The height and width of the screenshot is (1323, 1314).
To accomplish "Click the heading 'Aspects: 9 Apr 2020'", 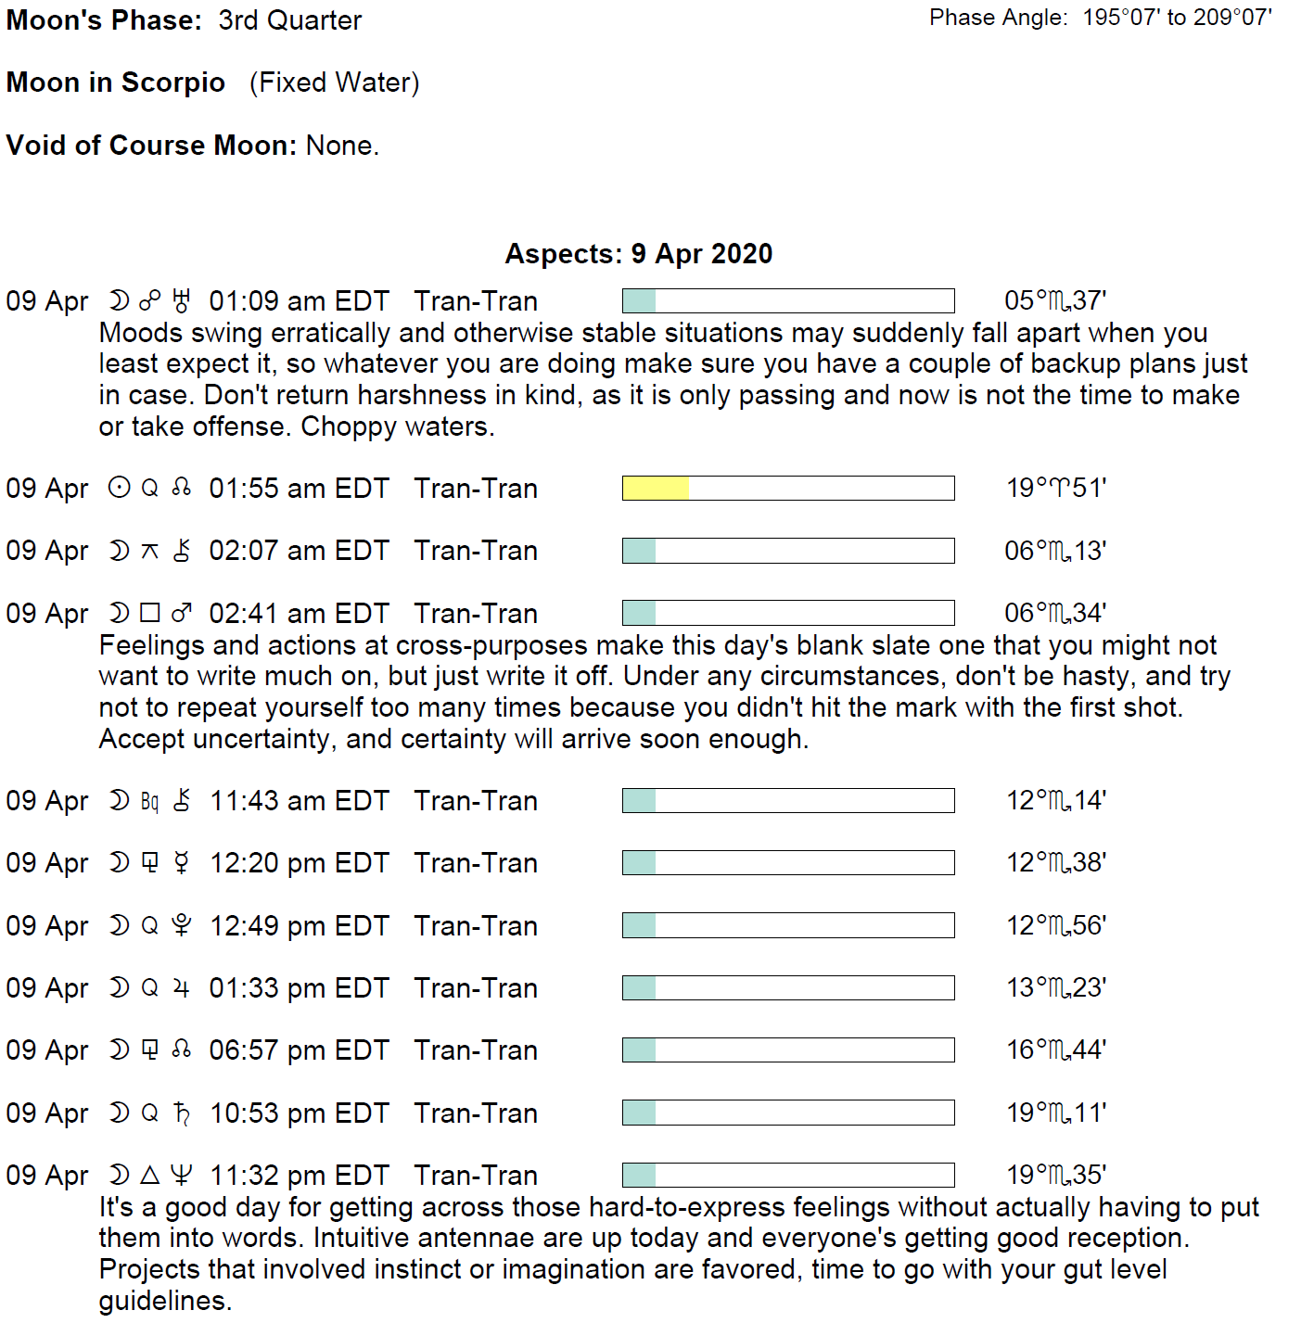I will (638, 253).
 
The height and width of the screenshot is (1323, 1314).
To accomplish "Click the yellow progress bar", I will (656, 488).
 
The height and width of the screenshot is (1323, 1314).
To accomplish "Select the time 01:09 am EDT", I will (299, 301).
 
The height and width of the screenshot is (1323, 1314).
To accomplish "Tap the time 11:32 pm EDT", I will (299, 1176).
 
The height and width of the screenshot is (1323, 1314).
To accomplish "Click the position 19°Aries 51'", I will (1056, 488).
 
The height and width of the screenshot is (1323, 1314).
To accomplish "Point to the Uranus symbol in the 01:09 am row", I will (182, 301).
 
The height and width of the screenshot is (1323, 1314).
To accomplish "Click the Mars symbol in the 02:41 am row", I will (182, 613).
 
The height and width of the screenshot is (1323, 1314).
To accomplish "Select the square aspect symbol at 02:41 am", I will (149, 613).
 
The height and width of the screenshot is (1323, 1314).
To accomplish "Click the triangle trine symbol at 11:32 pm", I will (149, 1176).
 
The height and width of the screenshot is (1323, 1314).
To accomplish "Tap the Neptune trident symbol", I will (182, 1176).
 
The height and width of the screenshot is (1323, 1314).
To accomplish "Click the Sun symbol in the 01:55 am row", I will (119, 488).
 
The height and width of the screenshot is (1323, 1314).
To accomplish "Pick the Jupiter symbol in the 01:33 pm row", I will (182, 988).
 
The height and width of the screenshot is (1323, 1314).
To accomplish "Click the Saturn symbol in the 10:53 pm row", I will (182, 1113).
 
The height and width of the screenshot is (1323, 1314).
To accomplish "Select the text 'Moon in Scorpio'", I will (116, 83).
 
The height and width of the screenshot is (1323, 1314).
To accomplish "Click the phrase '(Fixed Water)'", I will (334, 83).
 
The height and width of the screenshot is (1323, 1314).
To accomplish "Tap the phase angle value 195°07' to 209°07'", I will (1177, 18).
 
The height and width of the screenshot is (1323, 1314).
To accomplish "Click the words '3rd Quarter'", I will (289, 20).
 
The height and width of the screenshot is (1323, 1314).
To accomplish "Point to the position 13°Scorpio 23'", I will (1056, 988).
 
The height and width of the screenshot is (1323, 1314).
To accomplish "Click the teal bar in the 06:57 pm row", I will (639, 1050).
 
